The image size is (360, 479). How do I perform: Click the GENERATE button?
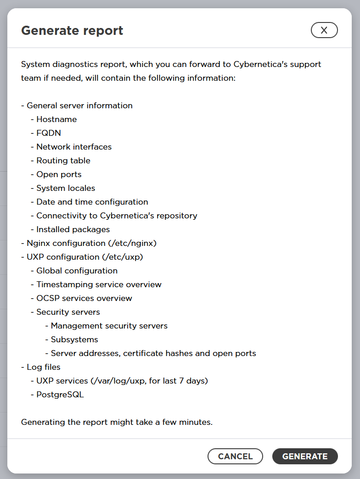click(305, 457)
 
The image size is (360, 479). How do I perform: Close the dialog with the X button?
click(324, 30)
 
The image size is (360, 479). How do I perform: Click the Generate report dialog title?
click(72, 31)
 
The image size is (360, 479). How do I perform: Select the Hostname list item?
click(56, 119)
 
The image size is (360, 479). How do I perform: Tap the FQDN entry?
click(49, 133)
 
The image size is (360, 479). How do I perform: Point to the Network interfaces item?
click(74, 147)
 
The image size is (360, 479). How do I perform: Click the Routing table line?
click(63, 161)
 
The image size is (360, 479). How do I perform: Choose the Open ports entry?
click(59, 174)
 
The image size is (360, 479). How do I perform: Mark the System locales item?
click(66, 188)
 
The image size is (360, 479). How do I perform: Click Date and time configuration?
click(92, 202)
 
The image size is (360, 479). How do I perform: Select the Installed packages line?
click(73, 229)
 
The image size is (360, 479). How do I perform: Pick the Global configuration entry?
click(77, 271)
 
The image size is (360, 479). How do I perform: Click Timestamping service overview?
click(99, 284)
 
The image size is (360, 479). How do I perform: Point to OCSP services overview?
click(84, 298)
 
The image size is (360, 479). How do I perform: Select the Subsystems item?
click(74, 340)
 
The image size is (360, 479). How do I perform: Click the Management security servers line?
click(109, 326)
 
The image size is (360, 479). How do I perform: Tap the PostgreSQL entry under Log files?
click(60, 395)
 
